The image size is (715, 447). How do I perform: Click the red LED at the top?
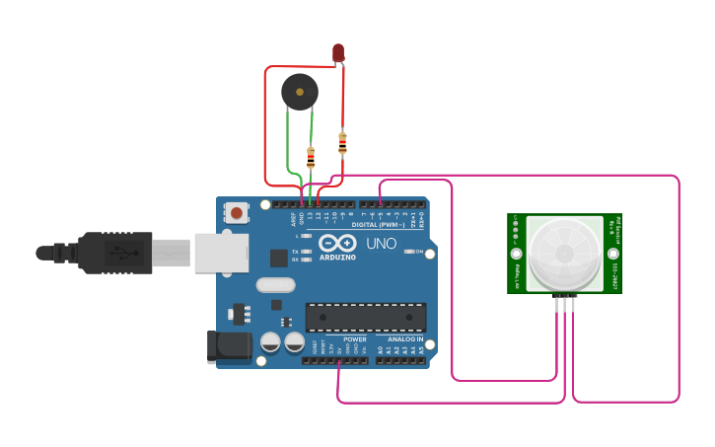[338, 51]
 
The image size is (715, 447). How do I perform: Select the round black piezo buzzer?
[299, 93]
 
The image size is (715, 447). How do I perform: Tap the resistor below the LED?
[342, 143]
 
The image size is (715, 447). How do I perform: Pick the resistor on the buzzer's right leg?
[311, 156]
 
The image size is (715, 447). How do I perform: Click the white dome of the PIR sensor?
[565, 253]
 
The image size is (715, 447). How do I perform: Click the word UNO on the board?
[382, 244]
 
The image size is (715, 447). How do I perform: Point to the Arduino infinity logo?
[337, 245]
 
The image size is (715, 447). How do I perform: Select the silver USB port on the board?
[220, 253]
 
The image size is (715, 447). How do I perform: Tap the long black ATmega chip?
[366, 318]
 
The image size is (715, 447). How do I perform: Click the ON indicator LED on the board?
[407, 252]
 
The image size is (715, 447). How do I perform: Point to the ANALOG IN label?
[405, 338]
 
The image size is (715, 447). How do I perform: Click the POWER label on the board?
[354, 338]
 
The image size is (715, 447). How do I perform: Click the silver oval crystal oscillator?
[275, 285]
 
